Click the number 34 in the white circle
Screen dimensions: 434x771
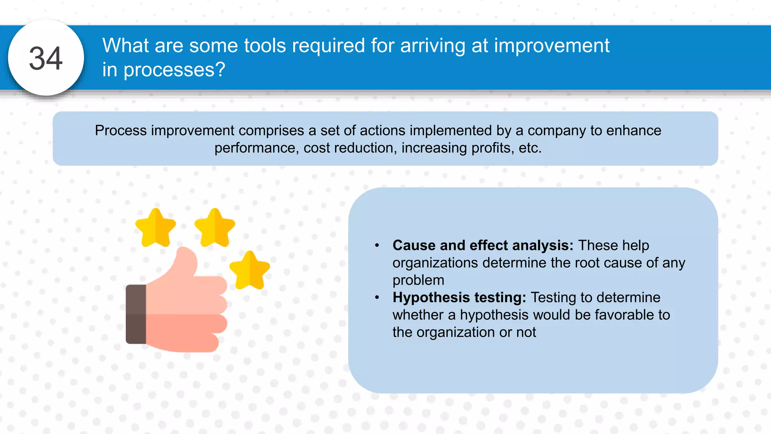pyautogui.click(x=46, y=58)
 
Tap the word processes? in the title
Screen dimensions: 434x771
pyautogui.click(x=174, y=70)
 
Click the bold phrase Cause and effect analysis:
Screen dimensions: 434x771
pyautogui.click(x=483, y=245)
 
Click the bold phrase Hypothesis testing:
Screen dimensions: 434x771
pyautogui.click(x=459, y=297)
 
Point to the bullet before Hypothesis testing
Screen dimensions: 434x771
pyautogui.click(x=377, y=298)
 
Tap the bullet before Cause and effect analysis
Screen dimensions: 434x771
pyautogui.click(x=377, y=246)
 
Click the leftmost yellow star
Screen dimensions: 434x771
pyautogui.click(x=155, y=228)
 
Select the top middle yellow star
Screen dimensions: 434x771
pyautogui.click(x=215, y=228)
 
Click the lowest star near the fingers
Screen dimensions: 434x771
pyautogui.click(x=250, y=270)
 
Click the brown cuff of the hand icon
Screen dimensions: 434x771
pyautogui.click(x=136, y=314)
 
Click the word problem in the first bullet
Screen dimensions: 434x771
pyautogui.click(x=418, y=280)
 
